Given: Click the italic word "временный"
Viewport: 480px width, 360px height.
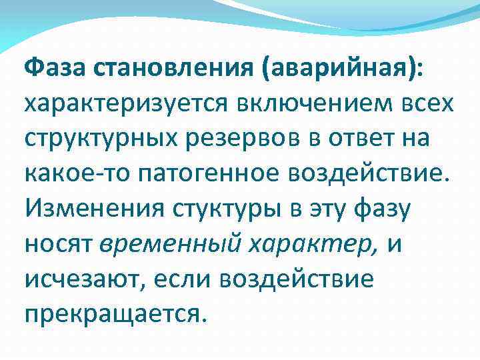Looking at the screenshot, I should tap(165, 245).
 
